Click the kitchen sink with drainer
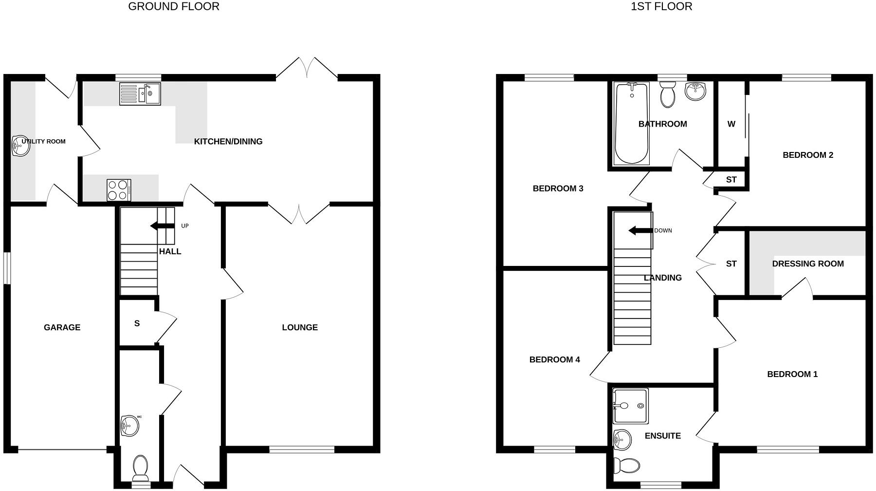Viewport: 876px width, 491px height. pos(140,94)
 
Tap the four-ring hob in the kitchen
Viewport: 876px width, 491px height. pos(119,190)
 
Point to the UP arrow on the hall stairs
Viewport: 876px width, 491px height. pos(162,226)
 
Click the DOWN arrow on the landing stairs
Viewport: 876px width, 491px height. pos(639,230)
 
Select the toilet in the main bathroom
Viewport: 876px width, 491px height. pos(668,94)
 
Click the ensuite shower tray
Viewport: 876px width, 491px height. pos(631,406)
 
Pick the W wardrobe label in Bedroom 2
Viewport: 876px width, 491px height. pos(731,124)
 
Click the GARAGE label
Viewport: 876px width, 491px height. pos(62,327)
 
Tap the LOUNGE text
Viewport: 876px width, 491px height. pos(300,327)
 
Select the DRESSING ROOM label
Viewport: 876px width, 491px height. pos(807,264)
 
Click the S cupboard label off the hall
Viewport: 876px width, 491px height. pos(137,323)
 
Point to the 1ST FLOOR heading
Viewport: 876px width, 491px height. pos(661,6)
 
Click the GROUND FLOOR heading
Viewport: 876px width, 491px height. pos(174,6)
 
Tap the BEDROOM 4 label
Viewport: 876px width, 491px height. pos(554,359)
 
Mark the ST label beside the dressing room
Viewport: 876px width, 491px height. pos(731,264)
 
